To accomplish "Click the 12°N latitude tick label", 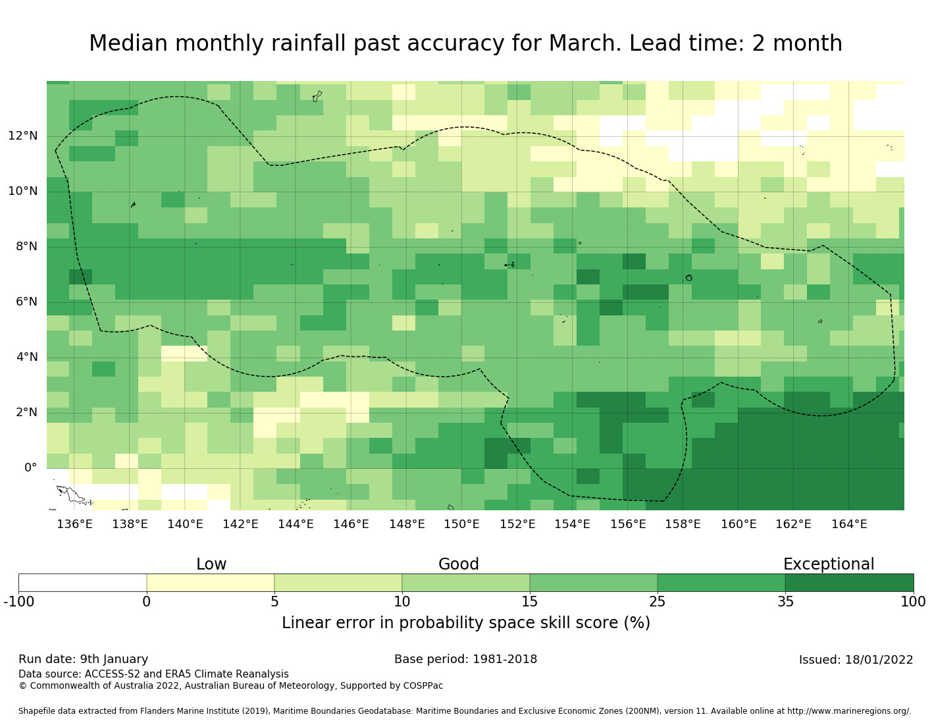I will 23,136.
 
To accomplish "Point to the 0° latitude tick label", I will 30,468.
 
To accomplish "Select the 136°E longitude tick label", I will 74,524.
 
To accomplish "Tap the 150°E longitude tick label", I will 461,524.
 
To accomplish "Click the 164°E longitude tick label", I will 849,524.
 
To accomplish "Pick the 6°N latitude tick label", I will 26,302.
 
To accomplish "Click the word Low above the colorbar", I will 211,564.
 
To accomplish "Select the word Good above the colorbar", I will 459,564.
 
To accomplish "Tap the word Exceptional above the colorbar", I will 829,564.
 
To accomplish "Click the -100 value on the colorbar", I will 18,601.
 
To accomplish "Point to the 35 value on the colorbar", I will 785,601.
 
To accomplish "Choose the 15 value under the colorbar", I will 530,601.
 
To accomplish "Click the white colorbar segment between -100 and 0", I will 82,583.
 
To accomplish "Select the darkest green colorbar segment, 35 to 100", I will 849,583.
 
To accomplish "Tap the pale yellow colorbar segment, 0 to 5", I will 211,583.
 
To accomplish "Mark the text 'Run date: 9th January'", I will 84,659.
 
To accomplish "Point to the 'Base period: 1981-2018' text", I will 466,659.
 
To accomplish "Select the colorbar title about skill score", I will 466,623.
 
